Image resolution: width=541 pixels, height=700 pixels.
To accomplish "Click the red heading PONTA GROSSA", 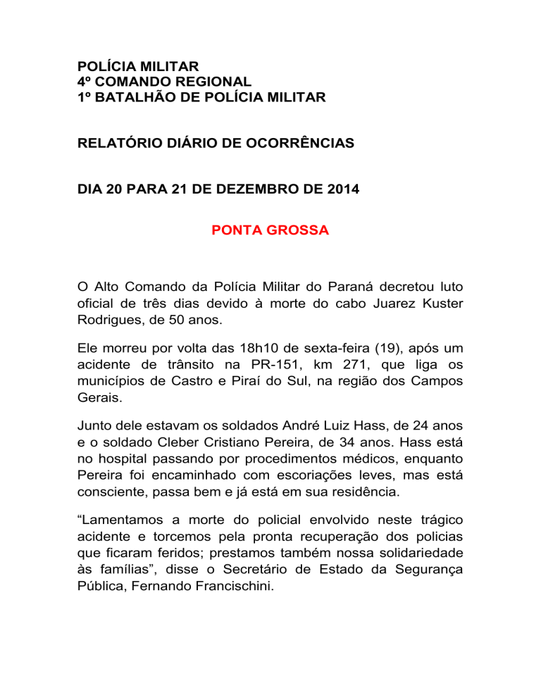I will pyautogui.click(x=270, y=230).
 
